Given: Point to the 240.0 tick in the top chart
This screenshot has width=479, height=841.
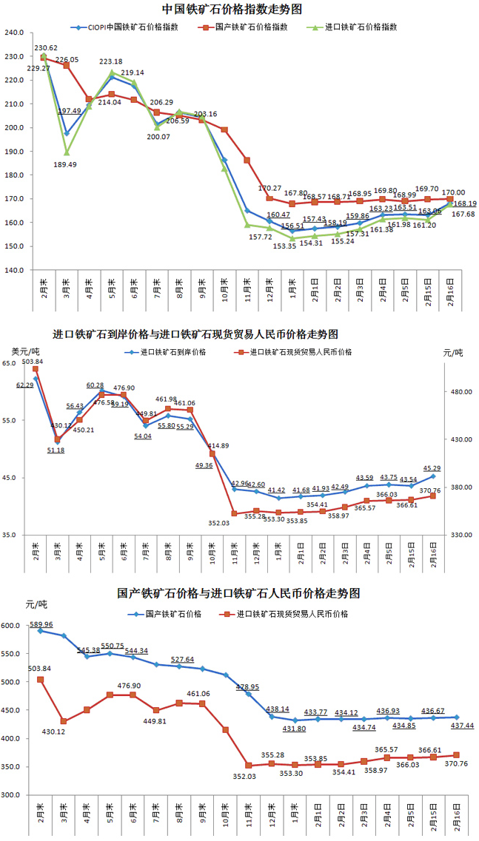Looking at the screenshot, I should click(14, 33).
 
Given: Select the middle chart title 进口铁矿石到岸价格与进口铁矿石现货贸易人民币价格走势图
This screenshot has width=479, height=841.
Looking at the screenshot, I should click(195, 335).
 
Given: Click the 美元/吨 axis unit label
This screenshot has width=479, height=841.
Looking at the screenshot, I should click(25, 351).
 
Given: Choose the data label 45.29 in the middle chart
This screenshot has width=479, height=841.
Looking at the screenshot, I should click(431, 467).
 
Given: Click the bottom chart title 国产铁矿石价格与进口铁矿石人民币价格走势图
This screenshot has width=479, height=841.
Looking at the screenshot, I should click(238, 593).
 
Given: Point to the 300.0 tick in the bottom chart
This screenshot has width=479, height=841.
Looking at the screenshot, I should click(14, 795).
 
